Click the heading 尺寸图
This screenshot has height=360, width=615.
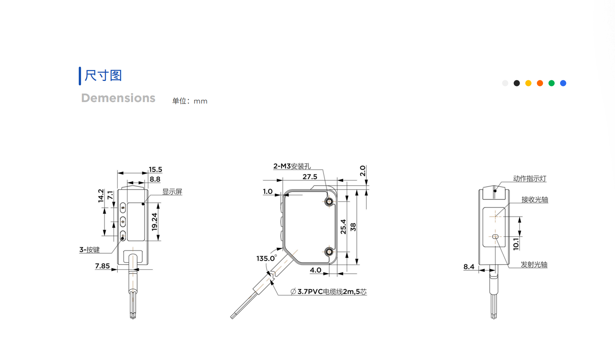pos(103,75)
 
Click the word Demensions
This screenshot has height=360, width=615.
pos(118,98)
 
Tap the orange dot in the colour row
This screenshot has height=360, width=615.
pos(540,83)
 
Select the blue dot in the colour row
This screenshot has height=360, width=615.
pos(563,83)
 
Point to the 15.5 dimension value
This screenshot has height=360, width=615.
pos(155,170)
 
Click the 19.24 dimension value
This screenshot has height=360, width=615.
pos(155,222)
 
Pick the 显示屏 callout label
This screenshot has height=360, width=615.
pos(172,192)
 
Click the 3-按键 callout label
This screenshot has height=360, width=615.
pos(89,250)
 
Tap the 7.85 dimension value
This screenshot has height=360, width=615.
pos(102,266)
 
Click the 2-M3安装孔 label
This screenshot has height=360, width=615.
pos(292,166)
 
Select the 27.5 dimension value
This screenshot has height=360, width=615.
pos(310,177)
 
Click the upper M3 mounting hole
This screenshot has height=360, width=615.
pos(329,202)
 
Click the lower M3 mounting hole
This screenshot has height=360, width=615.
pos(329,252)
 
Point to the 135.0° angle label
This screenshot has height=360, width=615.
pos(266,258)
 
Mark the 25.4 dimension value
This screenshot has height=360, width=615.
pos(343,227)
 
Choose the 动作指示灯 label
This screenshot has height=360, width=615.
pos(529,179)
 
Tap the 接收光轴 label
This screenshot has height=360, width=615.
pos(535,200)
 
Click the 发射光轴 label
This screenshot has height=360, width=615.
pos(534,265)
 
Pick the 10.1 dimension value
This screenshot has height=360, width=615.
pos(516,244)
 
